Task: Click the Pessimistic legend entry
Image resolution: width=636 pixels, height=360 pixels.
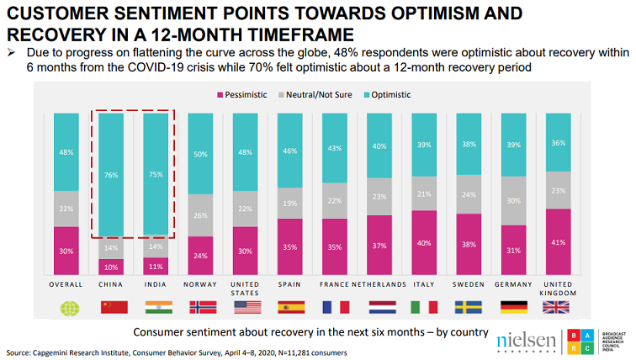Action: tap(246, 95)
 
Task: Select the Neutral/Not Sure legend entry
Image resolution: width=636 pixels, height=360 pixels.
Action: tap(321, 95)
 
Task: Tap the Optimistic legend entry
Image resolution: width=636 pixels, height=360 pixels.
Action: tap(388, 95)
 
